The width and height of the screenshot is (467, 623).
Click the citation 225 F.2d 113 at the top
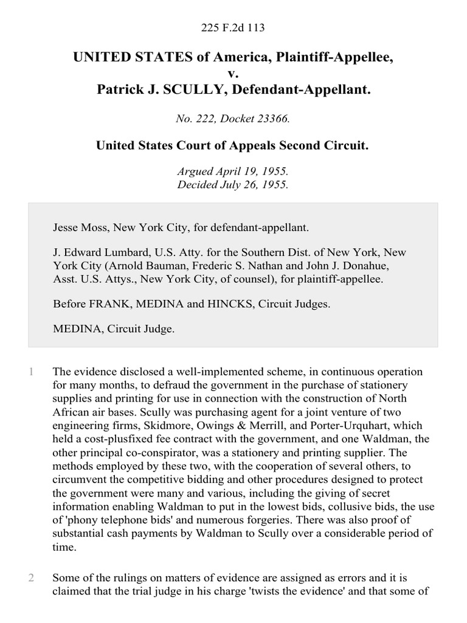point(233,27)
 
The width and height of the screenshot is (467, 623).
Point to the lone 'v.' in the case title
point(233,74)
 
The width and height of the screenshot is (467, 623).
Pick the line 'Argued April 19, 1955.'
point(233,172)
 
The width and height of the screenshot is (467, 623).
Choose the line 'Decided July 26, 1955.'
point(233,184)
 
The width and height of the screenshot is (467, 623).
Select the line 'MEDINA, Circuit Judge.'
point(114,329)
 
